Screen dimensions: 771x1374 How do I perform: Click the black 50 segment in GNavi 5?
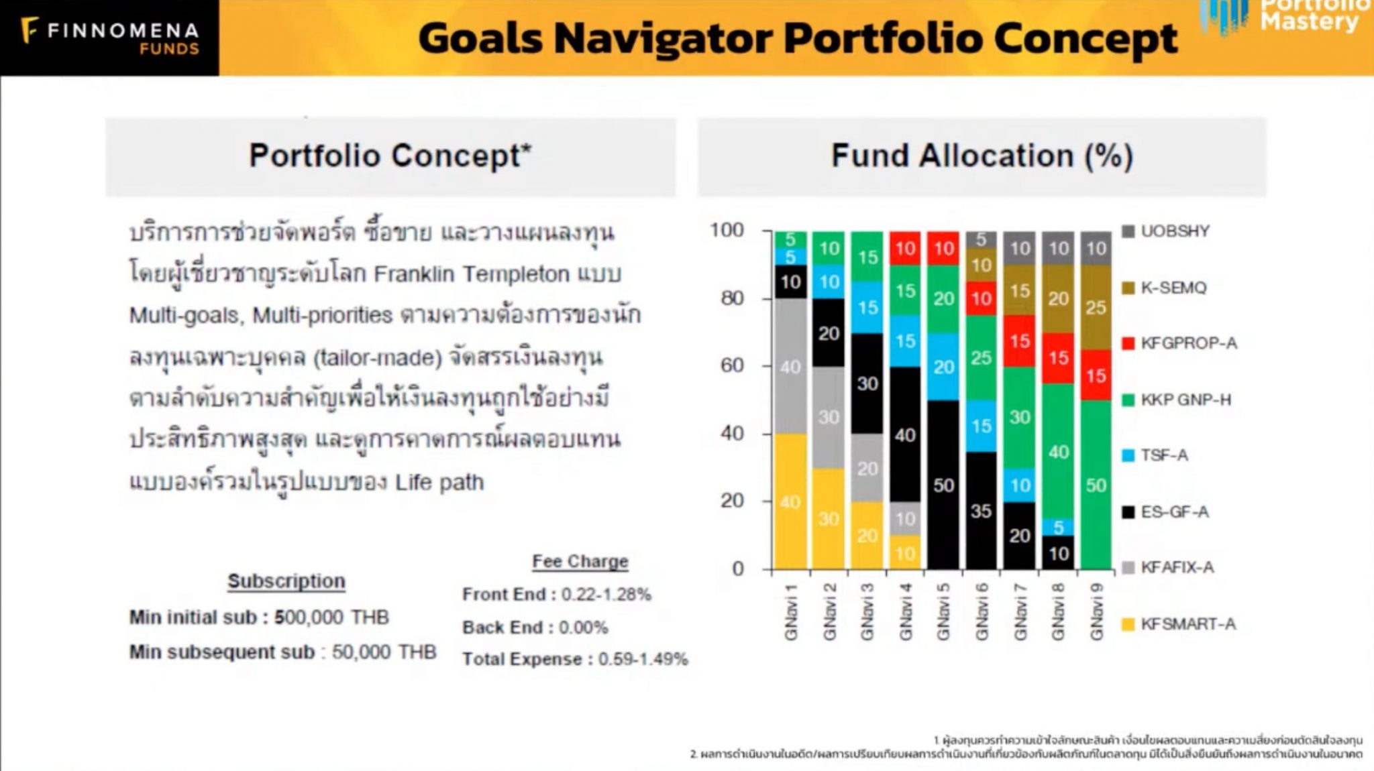(x=943, y=485)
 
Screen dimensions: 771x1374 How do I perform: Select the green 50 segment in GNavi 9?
(x=1096, y=485)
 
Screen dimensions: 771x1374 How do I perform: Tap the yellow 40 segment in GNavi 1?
(x=790, y=501)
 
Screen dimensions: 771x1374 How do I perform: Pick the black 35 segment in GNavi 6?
(x=981, y=511)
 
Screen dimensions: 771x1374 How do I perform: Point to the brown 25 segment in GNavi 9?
(x=1096, y=307)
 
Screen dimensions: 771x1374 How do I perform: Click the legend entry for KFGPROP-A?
(x=1188, y=343)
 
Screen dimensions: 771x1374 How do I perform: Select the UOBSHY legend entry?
(x=1175, y=231)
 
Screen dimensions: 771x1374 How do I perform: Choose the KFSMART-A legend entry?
(x=1187, y=624)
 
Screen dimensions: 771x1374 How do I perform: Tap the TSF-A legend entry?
(x=1164, y=455)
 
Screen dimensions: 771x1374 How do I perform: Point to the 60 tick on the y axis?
(x=733, y=365)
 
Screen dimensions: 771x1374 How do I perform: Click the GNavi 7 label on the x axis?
(x=1020, y=611)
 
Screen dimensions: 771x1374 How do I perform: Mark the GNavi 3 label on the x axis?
(x=867, y=611)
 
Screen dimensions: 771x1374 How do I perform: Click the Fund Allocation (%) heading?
(x=982, y=156)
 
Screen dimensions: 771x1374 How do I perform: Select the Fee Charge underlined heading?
(x=580, y=561)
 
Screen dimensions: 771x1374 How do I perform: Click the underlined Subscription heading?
(x=286, y=581)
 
